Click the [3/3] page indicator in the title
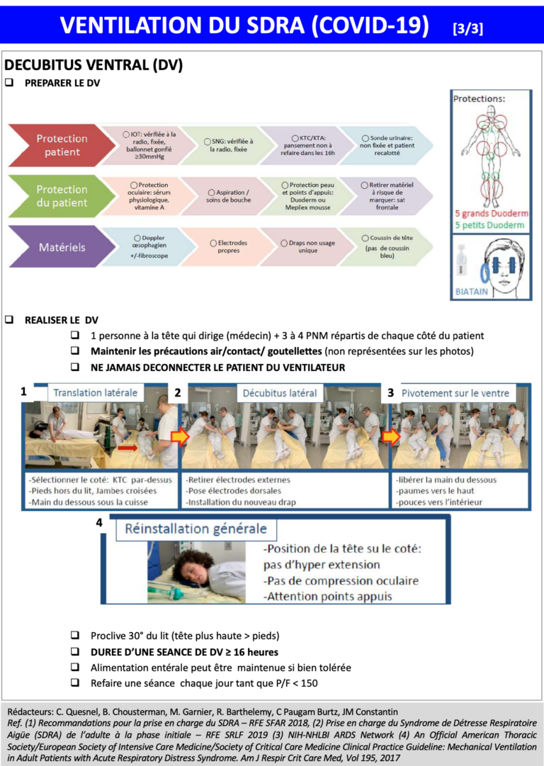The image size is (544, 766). [468, 28]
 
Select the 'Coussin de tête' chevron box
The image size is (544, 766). [387, 246]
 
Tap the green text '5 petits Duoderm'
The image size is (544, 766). [490, 225]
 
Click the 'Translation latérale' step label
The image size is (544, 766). [95, 393]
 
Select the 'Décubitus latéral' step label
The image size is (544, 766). [279, 393]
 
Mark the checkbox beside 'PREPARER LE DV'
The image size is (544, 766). [9, 83]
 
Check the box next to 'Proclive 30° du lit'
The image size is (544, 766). [75, 636]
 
